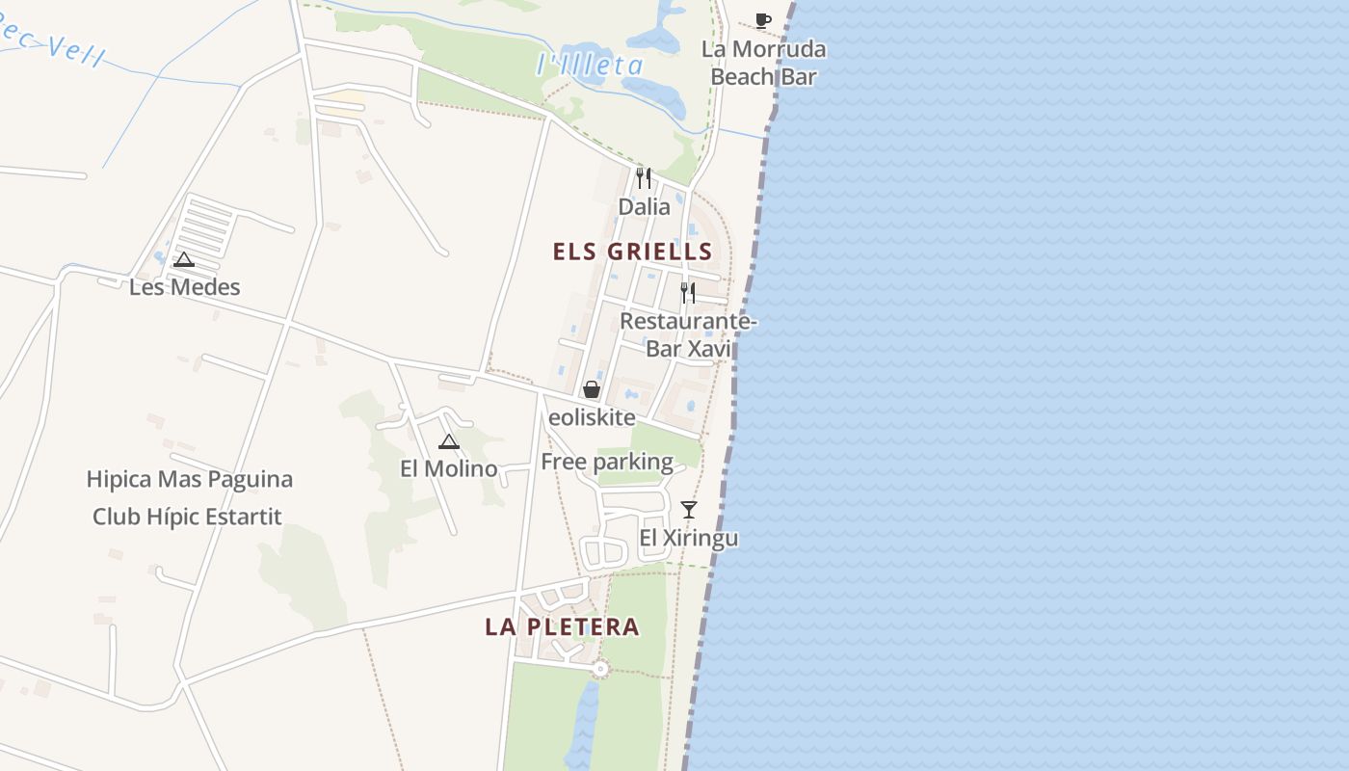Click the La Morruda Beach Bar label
click(763, 63)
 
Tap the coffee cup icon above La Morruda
click(763, 20)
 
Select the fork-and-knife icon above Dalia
click(644, 178)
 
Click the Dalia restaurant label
click(644, 206)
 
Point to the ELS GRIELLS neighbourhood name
click(632, 253)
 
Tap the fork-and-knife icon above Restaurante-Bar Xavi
click(688, 293)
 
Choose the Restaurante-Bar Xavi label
click(688, 334)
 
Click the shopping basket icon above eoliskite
click(592, 390)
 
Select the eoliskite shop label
click(592, 417)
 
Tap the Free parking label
click(607, 462)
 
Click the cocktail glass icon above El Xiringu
click(688, 510)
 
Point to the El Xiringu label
click(689, 537)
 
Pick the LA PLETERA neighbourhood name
click(562, 627)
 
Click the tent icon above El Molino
click(448, 442)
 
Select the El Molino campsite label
click(449, 468)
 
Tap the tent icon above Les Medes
click(184, 259)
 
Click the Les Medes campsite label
click(185, 287)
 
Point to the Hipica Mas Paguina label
click(190, 479)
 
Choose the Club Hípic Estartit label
click(187, 517)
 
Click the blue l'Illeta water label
click(590, 66)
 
